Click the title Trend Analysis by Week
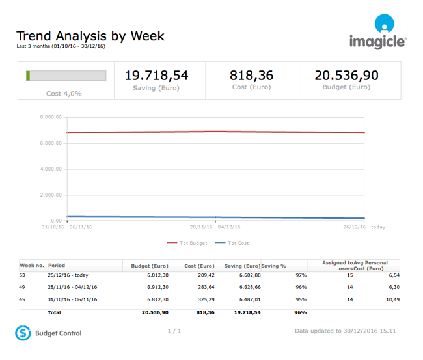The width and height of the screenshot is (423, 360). [x=90, y=36]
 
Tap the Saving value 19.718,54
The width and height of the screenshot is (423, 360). [x=156, y=76]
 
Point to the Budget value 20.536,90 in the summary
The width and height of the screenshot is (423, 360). [x=346, y=76]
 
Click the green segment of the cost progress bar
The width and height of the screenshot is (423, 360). [x=28, y=76]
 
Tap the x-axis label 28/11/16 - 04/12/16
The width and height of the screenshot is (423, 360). [x=215, y=227]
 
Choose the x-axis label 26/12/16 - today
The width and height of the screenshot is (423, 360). [x=364, y=227]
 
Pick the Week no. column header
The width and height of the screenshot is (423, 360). [x=32, y=266]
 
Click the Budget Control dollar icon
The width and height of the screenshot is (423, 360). [x=23, y=333]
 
